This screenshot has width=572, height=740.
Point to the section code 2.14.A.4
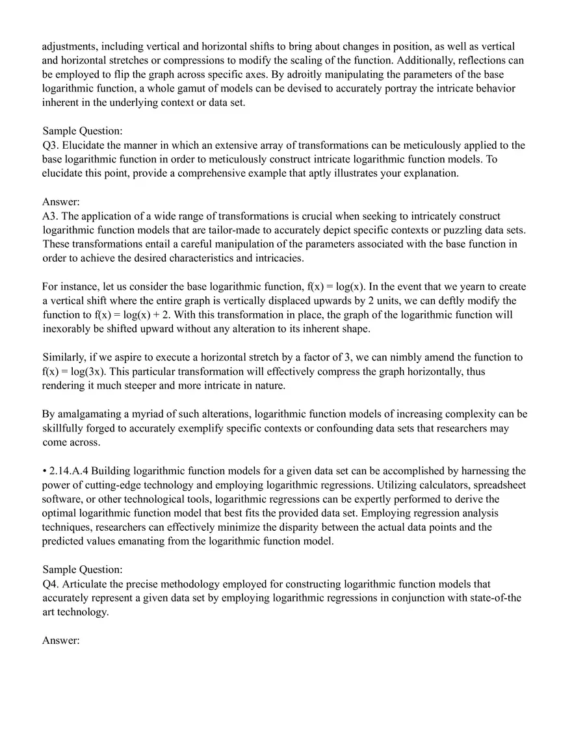point(73,470)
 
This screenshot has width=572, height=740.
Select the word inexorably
point(70,329)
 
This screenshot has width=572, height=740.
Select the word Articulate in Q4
point(86,584)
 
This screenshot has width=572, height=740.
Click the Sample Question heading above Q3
point(82,131)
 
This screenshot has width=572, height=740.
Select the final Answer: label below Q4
point(60,641)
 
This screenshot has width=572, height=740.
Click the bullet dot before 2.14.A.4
point(44,470)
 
